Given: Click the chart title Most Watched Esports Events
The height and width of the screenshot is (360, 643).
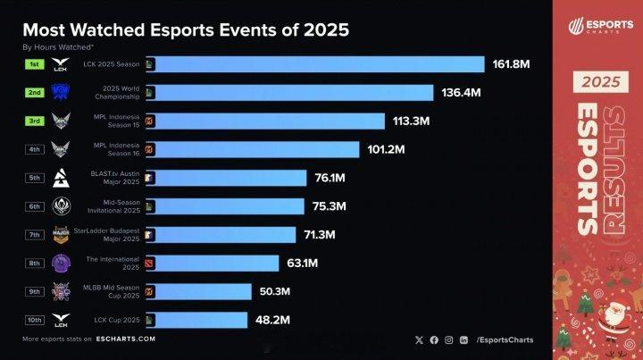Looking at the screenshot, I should [x=185, y=29].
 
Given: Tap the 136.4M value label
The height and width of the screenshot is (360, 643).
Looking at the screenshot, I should [x=463, y=93].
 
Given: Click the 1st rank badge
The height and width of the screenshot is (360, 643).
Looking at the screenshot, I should [x=34, y=64].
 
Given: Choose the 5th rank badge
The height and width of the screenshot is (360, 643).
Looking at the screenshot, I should [x=34, y=178].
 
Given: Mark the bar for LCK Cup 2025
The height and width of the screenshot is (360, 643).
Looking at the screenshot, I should [x=201, y=319].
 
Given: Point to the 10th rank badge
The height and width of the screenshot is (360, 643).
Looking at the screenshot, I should [x=34, y=319].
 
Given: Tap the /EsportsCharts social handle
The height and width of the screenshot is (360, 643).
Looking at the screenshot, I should [x=505, y=339].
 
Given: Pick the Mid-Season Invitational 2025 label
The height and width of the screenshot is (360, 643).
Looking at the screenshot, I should [x=117, y=205].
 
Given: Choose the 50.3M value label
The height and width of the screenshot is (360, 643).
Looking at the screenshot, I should [x=282, y=291].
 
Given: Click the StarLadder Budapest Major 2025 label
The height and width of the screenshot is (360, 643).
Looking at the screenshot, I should [x=115, y=234].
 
